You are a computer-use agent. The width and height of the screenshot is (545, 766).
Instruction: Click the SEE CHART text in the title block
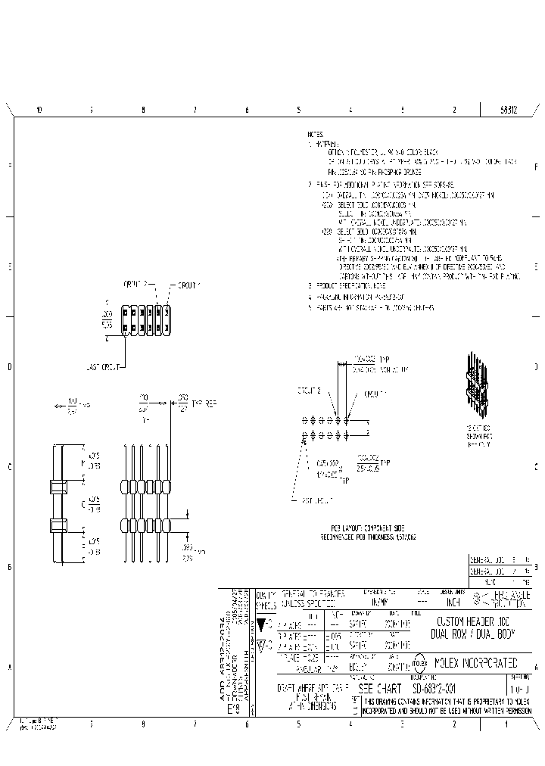coord(380,689)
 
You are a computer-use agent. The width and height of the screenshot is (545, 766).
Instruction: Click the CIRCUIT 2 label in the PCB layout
coord(310,391)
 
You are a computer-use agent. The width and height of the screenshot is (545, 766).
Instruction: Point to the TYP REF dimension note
coord(204,403)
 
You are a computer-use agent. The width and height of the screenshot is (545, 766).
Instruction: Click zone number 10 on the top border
coord(39,110)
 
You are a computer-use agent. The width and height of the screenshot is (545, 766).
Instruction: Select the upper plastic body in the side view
coord(58,486)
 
